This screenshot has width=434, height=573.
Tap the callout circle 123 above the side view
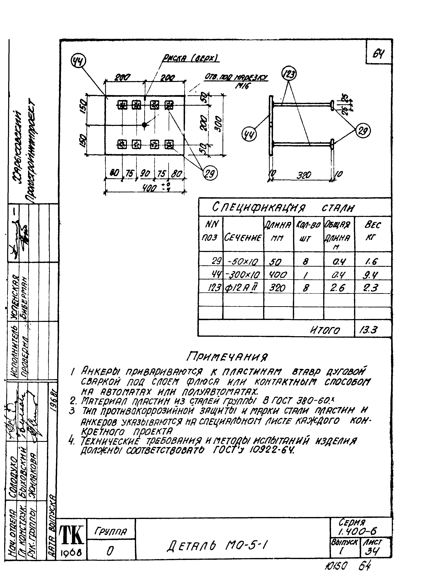tap(289, 74)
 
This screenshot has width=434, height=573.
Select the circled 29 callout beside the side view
tap(363, 131)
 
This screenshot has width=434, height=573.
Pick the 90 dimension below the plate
tap(145, 174)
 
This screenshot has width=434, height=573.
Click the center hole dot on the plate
tap(144, 125)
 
